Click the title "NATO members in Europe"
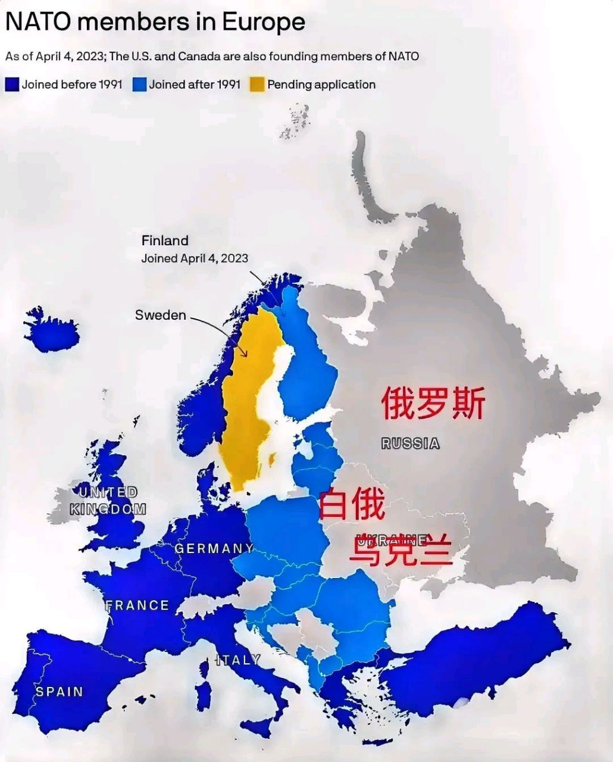coord(155,23)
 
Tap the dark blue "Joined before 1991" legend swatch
coord(12,85)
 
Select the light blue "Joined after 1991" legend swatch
coord(139,85)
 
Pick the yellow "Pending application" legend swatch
coord(257,85)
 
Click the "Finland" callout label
coord(165,241)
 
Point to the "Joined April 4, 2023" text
coord(195,258)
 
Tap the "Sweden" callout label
coord(160,315)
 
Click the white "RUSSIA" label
coord(411,444)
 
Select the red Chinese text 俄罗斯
coord(433,403)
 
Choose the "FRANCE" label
coord(137,605)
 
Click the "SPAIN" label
coord(59,692)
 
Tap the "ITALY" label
coord(238,660)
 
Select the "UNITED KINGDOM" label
coord(108,501)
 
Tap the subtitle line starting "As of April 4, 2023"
coord(212,57)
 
